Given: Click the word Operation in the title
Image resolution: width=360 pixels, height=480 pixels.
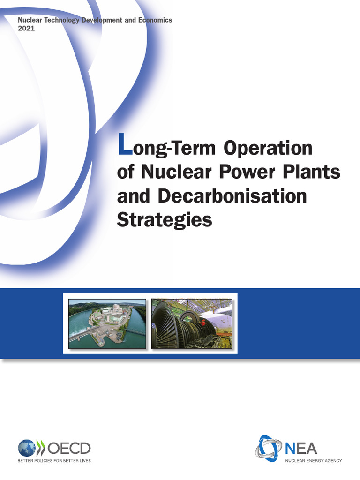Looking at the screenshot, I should click(x=268, y=148).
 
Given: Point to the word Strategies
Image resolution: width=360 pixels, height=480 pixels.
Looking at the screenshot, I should click(x=164, y=220).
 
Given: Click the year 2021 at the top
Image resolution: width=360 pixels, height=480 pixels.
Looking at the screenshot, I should click(x=26, y=28).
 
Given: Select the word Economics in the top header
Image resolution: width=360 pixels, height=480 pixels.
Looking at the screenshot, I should click(x=155, y=20).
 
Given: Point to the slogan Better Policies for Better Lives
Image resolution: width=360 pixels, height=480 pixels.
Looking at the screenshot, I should click(x=54, y=461).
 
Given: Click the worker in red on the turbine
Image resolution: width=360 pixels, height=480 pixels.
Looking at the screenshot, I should click(x=203, y=322).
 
